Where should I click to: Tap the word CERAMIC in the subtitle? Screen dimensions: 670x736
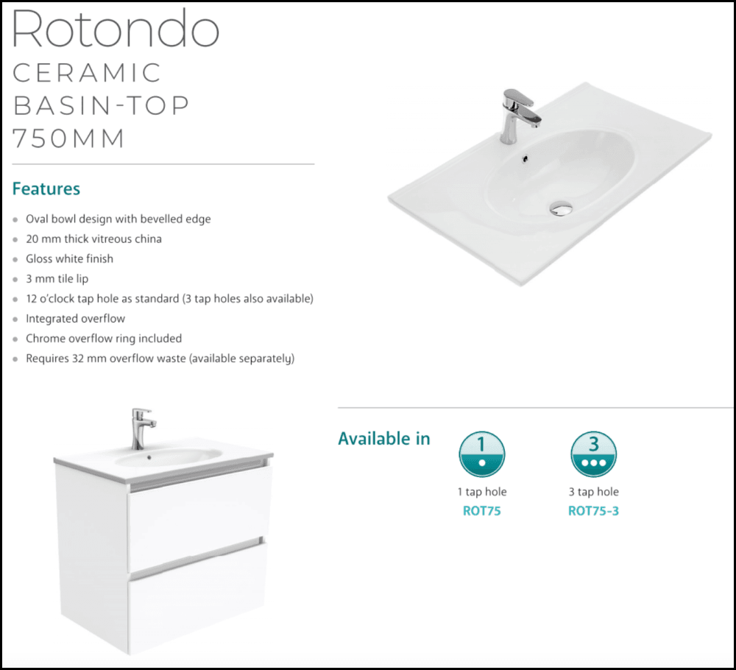(88, 73)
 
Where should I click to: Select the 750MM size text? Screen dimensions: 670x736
(70, 138)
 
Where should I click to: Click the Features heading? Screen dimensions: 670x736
(46, 189)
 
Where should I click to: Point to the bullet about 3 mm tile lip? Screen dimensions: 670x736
(57, 279)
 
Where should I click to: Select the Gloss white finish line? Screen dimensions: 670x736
(69, 259)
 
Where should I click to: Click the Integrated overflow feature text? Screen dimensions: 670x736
(75, 319)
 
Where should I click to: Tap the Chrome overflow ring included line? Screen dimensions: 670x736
(103, 339)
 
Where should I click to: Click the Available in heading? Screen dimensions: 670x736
(383, 439)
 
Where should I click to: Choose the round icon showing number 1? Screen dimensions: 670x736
(481, 454)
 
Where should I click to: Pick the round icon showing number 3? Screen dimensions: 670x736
(593, 454)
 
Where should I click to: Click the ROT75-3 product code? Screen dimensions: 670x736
(593, 510)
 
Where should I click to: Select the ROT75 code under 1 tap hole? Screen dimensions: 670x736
(481, 510)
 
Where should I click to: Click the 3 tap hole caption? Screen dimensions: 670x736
(593, 492)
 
